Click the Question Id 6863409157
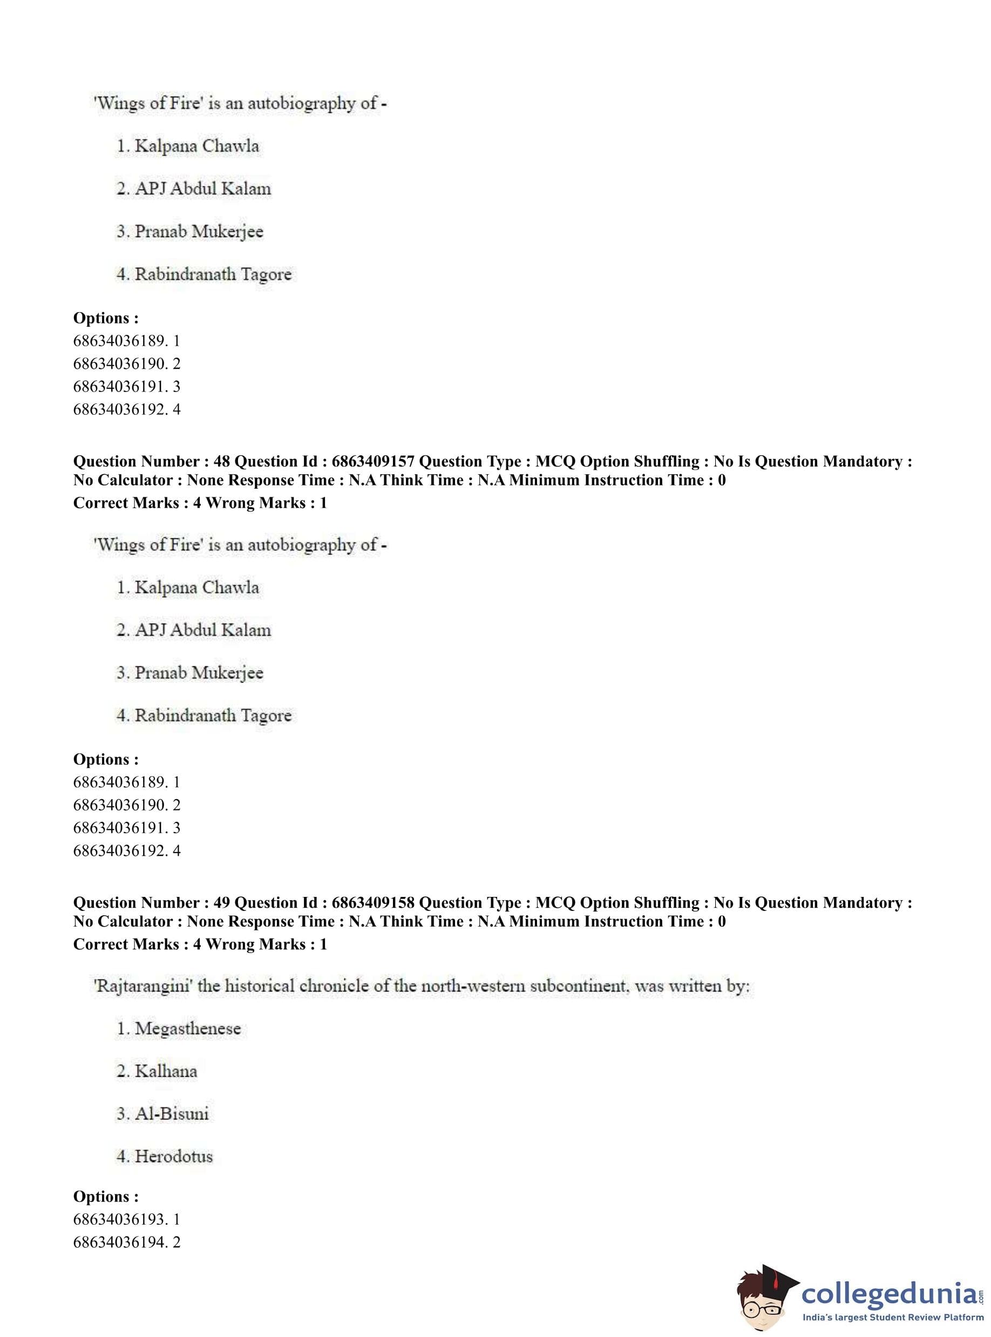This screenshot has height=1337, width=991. (372, 462)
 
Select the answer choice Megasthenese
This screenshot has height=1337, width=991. (187, 1029)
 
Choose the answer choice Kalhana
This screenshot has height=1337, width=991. (166, 1071)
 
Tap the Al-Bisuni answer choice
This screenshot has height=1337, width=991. (172, 1114)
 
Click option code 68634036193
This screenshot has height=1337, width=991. (121, 1219)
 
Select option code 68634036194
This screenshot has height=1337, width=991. (121, 1242)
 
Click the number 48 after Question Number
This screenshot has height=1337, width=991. (221, 462)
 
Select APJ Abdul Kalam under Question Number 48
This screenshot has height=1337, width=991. (203, 630)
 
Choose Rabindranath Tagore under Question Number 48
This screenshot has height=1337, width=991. (213, 715)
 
